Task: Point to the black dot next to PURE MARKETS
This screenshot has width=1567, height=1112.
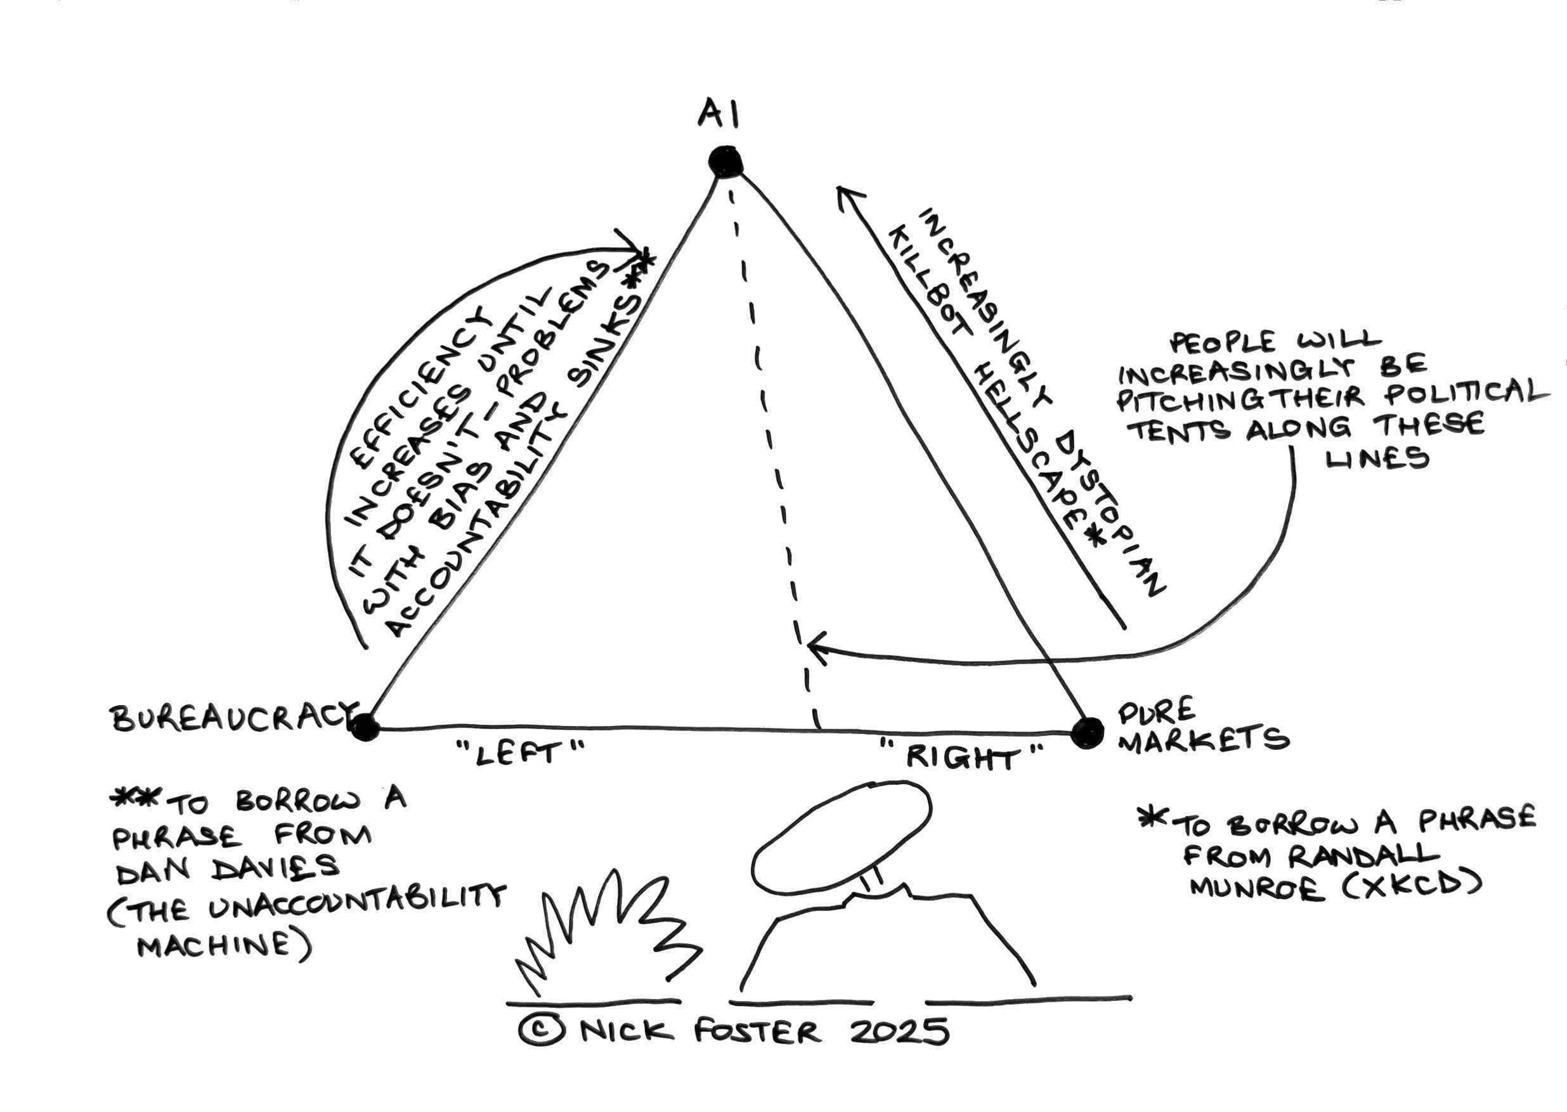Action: pyautogui.click(x=1087, y=732)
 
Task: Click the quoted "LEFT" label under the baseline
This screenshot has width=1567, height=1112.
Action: pyautogui.click(x=521, y=753)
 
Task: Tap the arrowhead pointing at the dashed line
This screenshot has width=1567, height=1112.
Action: pyautogui.click(x=815, y=647)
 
